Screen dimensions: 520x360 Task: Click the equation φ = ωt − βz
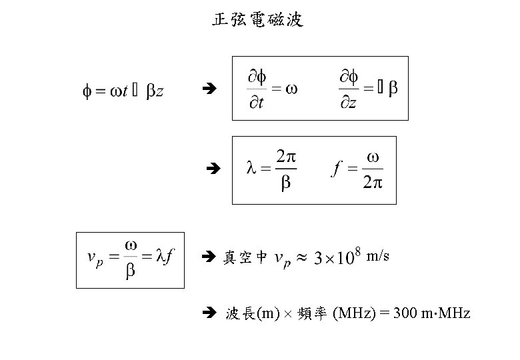click(123, 91)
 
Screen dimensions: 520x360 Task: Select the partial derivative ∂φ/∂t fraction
click(257, 89)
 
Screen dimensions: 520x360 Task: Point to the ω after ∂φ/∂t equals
click(291, 90)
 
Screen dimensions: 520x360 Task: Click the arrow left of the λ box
click(213, 170)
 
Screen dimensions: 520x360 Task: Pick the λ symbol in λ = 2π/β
click(251, 170)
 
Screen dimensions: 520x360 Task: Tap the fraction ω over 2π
click(373, 170)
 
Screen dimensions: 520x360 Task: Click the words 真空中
click(245, 257)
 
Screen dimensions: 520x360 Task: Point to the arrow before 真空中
click(206, 255)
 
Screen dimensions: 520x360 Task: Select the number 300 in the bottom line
click(406, 313)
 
